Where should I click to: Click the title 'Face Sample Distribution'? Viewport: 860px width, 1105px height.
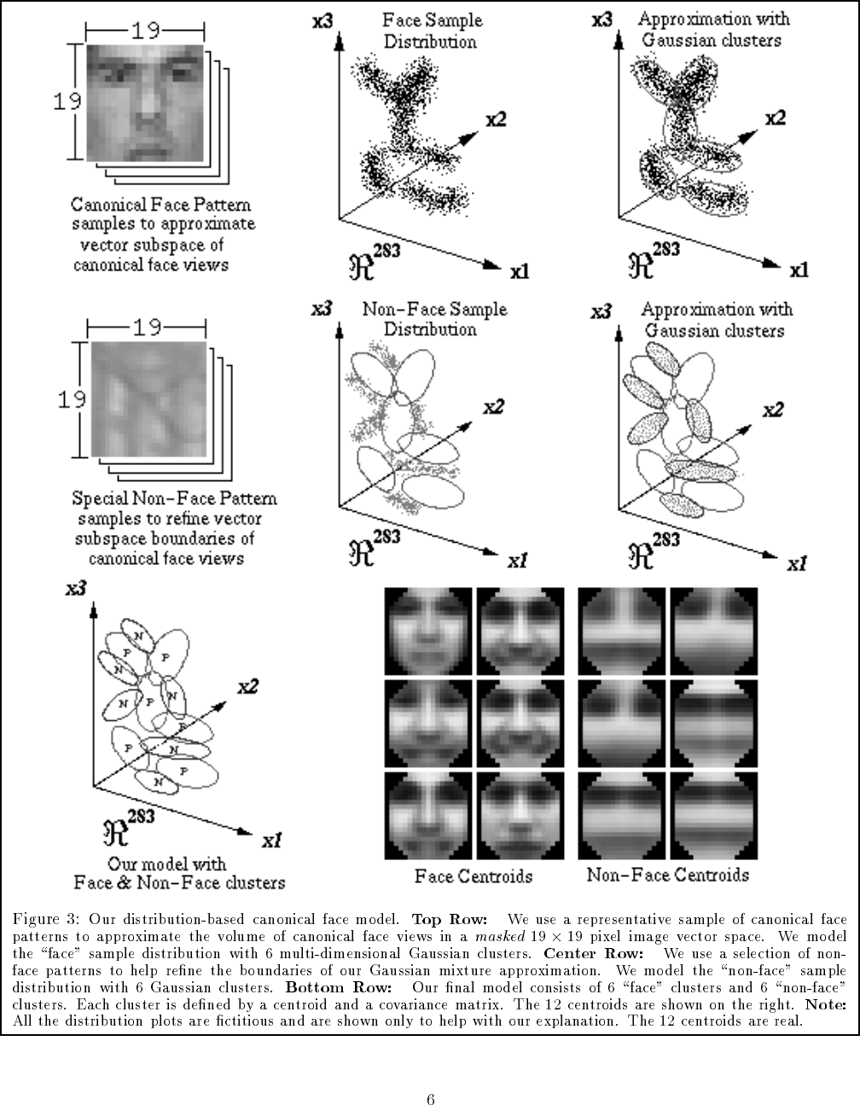(432, 30)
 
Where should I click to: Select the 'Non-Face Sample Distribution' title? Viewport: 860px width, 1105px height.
(433, 318)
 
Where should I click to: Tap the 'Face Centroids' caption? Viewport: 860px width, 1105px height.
(474, 876)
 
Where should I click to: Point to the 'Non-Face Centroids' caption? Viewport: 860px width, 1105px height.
(668, 875)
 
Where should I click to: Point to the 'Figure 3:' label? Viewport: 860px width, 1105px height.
(45, 919)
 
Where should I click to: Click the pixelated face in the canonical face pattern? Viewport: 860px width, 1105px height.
(145, 103)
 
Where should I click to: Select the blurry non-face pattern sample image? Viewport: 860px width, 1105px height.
(148, 398)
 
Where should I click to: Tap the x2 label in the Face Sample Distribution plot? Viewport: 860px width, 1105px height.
(495, 120)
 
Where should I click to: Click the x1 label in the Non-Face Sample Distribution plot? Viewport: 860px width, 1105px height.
(517, 561)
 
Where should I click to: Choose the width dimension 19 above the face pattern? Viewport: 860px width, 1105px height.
(146, 32)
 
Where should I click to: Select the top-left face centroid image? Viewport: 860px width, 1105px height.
(428, 631)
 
